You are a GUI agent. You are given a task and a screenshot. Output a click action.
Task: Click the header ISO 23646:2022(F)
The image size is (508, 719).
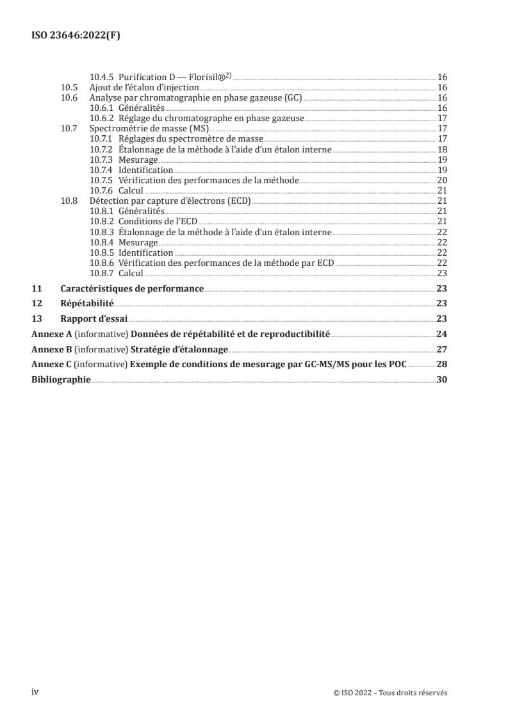click(76, 36)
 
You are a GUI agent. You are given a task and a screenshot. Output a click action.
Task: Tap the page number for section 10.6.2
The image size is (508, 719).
click(442, 119)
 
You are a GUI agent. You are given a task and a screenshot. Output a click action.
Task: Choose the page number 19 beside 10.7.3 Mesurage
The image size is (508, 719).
click(442, 160)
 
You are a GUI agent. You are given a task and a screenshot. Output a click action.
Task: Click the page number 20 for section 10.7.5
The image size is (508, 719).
click(442, 180)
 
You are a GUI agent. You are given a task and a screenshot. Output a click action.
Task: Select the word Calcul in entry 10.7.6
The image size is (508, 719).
click(131, 190)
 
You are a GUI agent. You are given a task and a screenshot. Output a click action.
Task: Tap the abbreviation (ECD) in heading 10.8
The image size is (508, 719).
click(238, 201)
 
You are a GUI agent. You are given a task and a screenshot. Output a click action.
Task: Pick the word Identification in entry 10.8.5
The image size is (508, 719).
click(145, 252)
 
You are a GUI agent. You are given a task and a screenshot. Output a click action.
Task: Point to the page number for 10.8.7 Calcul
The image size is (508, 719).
click(442, 273)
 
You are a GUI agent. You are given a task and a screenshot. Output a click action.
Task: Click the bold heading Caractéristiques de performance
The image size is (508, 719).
click(131, 289)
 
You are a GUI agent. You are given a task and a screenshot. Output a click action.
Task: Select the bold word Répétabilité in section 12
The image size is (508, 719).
click(86, 304)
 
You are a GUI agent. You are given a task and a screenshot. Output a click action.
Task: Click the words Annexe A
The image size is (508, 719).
click(51, 335)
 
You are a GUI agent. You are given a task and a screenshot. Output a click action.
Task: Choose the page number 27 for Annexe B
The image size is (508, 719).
click(441, 350)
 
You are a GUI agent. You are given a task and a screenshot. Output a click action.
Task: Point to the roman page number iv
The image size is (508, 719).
click(36, 692)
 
